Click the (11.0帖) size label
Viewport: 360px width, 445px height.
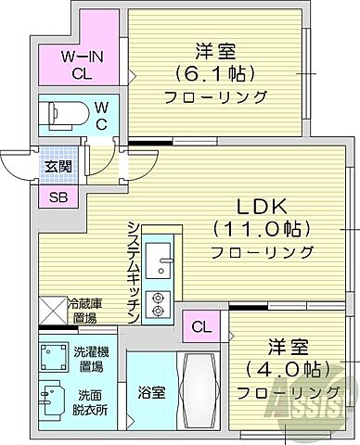point(249,229)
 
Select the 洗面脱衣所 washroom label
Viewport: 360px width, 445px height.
point(93,401)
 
